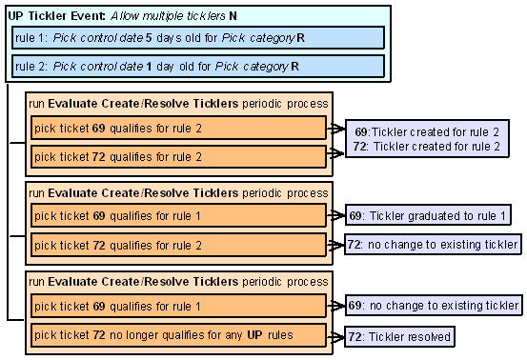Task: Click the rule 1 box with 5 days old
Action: click(197, 38)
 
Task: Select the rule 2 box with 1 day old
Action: click(197, 67)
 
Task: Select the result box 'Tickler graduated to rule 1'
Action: click(427, 216)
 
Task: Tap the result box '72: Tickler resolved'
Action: click(398, 335)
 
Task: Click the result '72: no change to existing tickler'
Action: click(432, 245)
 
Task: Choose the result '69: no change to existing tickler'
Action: click(432, 306)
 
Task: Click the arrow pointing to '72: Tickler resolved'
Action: click(337, 336)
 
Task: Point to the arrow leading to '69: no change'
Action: click(337, 307)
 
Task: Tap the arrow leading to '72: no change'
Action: click(337, 246)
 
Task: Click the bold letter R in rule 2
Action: click(294, 67)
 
